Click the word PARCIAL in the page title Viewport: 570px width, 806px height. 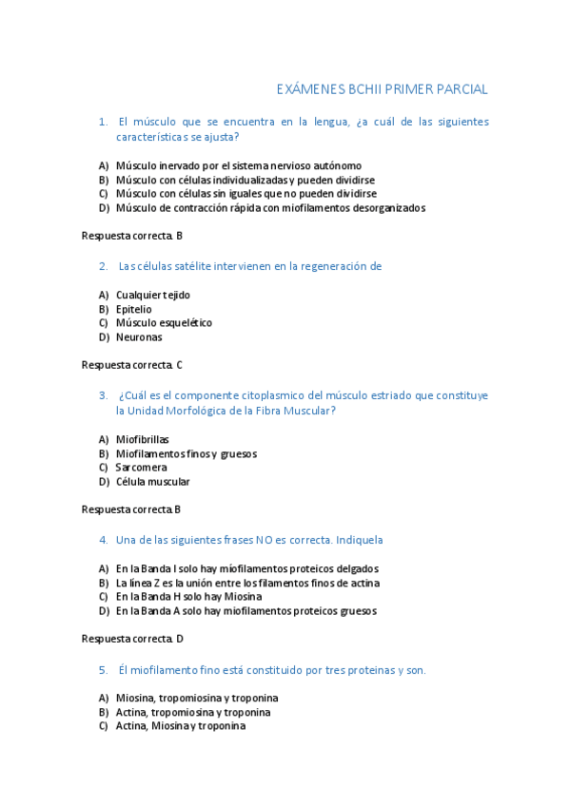tap(459, 89)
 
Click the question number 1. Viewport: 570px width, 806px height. tap(103, 122)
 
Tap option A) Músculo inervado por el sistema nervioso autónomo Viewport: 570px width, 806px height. tap(238, 165)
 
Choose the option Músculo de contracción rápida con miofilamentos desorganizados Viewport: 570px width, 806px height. tap(270, 208)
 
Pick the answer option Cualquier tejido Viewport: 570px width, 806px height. tap(152, 295)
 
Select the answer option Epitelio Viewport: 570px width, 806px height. tap(133, 309)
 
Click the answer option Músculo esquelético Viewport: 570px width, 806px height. tap(164, 323)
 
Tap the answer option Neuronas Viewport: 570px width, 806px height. tap(139, 337)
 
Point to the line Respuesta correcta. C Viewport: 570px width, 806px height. tap(132, 364)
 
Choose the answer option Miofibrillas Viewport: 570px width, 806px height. tap(142, 439)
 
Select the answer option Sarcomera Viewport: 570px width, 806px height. tap(141, 468)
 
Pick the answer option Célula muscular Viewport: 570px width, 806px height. tap(152, 482)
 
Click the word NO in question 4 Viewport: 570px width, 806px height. tap(263, 540)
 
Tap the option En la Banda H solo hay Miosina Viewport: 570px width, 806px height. tap(188, 597)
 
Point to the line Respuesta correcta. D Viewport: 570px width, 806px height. tap(132, 639)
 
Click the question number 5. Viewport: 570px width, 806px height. tap(103, 670)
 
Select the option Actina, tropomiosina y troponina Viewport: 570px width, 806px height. tap(192, 712)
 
